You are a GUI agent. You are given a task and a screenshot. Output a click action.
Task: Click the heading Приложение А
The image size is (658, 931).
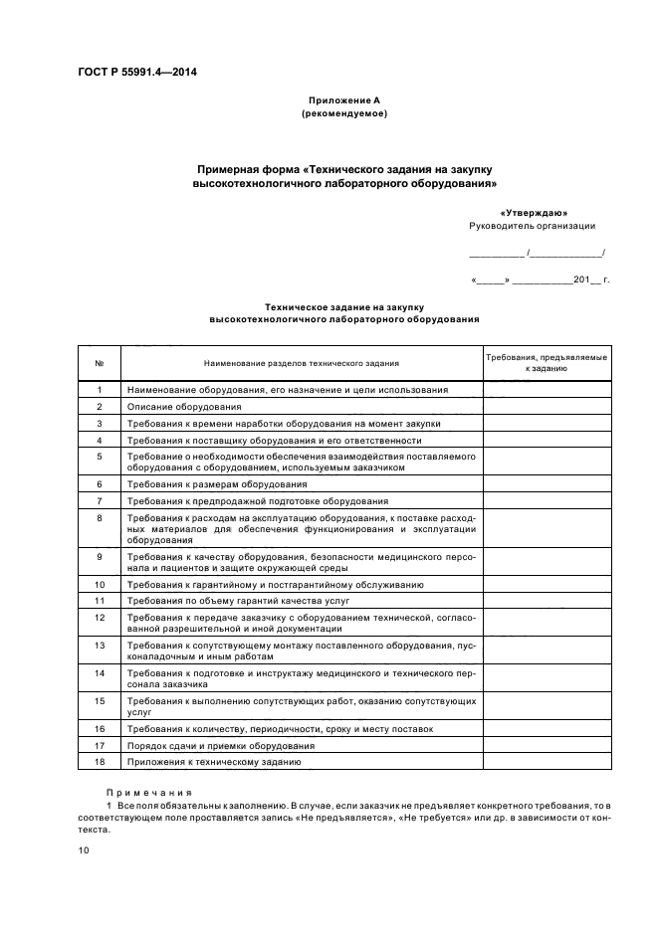pyautogui.click(x=343, y=100)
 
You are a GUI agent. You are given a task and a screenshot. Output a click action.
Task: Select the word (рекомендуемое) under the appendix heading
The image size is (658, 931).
pyautogui.click(x=343, y=113)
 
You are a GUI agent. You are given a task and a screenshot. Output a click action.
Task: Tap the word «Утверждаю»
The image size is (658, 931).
pyautogui.click(x=539, y=213)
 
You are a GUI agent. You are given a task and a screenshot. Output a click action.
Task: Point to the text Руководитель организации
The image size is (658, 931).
pyautogui.click(x=532, y=227)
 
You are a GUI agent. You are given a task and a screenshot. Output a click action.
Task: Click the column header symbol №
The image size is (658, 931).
pyautogui.click(x=100, y=363)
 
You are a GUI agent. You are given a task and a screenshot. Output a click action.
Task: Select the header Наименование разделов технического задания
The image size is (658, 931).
pyautogui.click(x=302, y=363)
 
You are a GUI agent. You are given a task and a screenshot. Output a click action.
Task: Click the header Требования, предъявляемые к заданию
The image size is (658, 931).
pyautogui.click(x=547, y=362)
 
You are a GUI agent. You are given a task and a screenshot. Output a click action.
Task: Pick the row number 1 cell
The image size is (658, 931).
pyautogui.click(x=100, y=390)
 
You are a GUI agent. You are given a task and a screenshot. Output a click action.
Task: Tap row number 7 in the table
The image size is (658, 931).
pyautogui.click(x=100, y=500)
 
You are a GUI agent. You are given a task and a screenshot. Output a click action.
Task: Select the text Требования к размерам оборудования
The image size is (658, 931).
pyautogui.click(x=217, y=483)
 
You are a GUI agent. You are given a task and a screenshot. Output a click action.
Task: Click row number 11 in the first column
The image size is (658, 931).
pyautogui.click(x=100, y=601)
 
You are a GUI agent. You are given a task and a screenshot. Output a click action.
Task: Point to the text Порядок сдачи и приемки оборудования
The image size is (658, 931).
pyautogui.click(x=221, y=745)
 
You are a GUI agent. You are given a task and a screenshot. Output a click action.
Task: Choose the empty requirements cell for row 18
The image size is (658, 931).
pyautogui.click(x=547, y=762)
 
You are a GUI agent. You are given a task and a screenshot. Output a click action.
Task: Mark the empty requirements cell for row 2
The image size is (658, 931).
pyautogui.click(x=547, y=407)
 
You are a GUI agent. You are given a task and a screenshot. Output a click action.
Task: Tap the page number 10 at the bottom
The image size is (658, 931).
pyautogui.click(x=84, y=850)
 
